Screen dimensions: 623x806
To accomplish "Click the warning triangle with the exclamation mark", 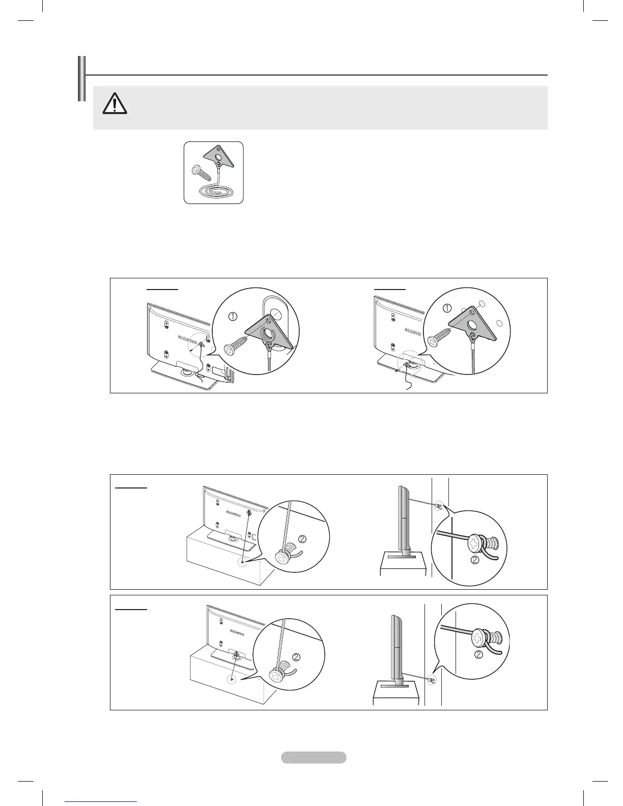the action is [115, 104].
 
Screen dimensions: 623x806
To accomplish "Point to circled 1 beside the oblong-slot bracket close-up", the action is [233, 316].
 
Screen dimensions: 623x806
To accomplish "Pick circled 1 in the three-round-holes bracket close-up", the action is [447, 308].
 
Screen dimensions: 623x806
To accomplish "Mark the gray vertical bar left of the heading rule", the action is [80, 79].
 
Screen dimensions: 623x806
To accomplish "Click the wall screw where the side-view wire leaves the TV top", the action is [438, 506].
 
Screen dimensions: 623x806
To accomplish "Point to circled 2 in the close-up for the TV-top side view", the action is [474, 561].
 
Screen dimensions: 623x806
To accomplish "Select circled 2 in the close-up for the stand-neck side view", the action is [478, 655].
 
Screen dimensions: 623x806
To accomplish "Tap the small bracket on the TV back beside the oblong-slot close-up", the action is [202, 344].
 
